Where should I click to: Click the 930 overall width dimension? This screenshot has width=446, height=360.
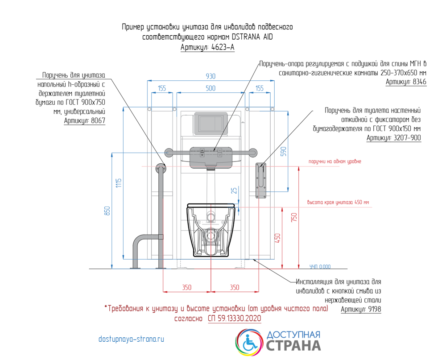pyautogui.click(x=211, y=76)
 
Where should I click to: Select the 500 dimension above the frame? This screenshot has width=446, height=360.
pyautogui.click(x=211, y=88)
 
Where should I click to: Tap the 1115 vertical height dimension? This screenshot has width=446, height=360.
pyautogui.click(x=119, y=183)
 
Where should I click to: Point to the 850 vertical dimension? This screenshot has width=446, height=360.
pyautogui.click(x=107, y=211)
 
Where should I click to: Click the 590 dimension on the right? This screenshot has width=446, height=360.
pyautogui.click(x=283, y=151)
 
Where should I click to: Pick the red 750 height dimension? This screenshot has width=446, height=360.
pyautogui.click(x=294, y=217)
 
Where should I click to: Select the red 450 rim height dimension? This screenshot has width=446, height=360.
pyautogui.click(x=277, y=238)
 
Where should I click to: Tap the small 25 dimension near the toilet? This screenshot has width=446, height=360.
pyautogui.click(x=234, y=190)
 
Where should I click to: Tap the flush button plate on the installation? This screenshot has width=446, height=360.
pyautogui.click(x=211, y=124)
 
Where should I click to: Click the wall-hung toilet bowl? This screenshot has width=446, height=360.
pyautogui.click(x=211, y=230)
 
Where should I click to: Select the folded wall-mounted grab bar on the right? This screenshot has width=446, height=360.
pyautogui.click(x=261, y=180)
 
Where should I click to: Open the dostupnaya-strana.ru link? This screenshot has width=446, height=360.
pyautogui.click(x=131, y=339)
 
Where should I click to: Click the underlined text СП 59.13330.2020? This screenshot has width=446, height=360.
pyautogui.click(x=235, y=318)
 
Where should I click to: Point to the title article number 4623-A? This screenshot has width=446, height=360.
pyautogui.click(x=207, y=47)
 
